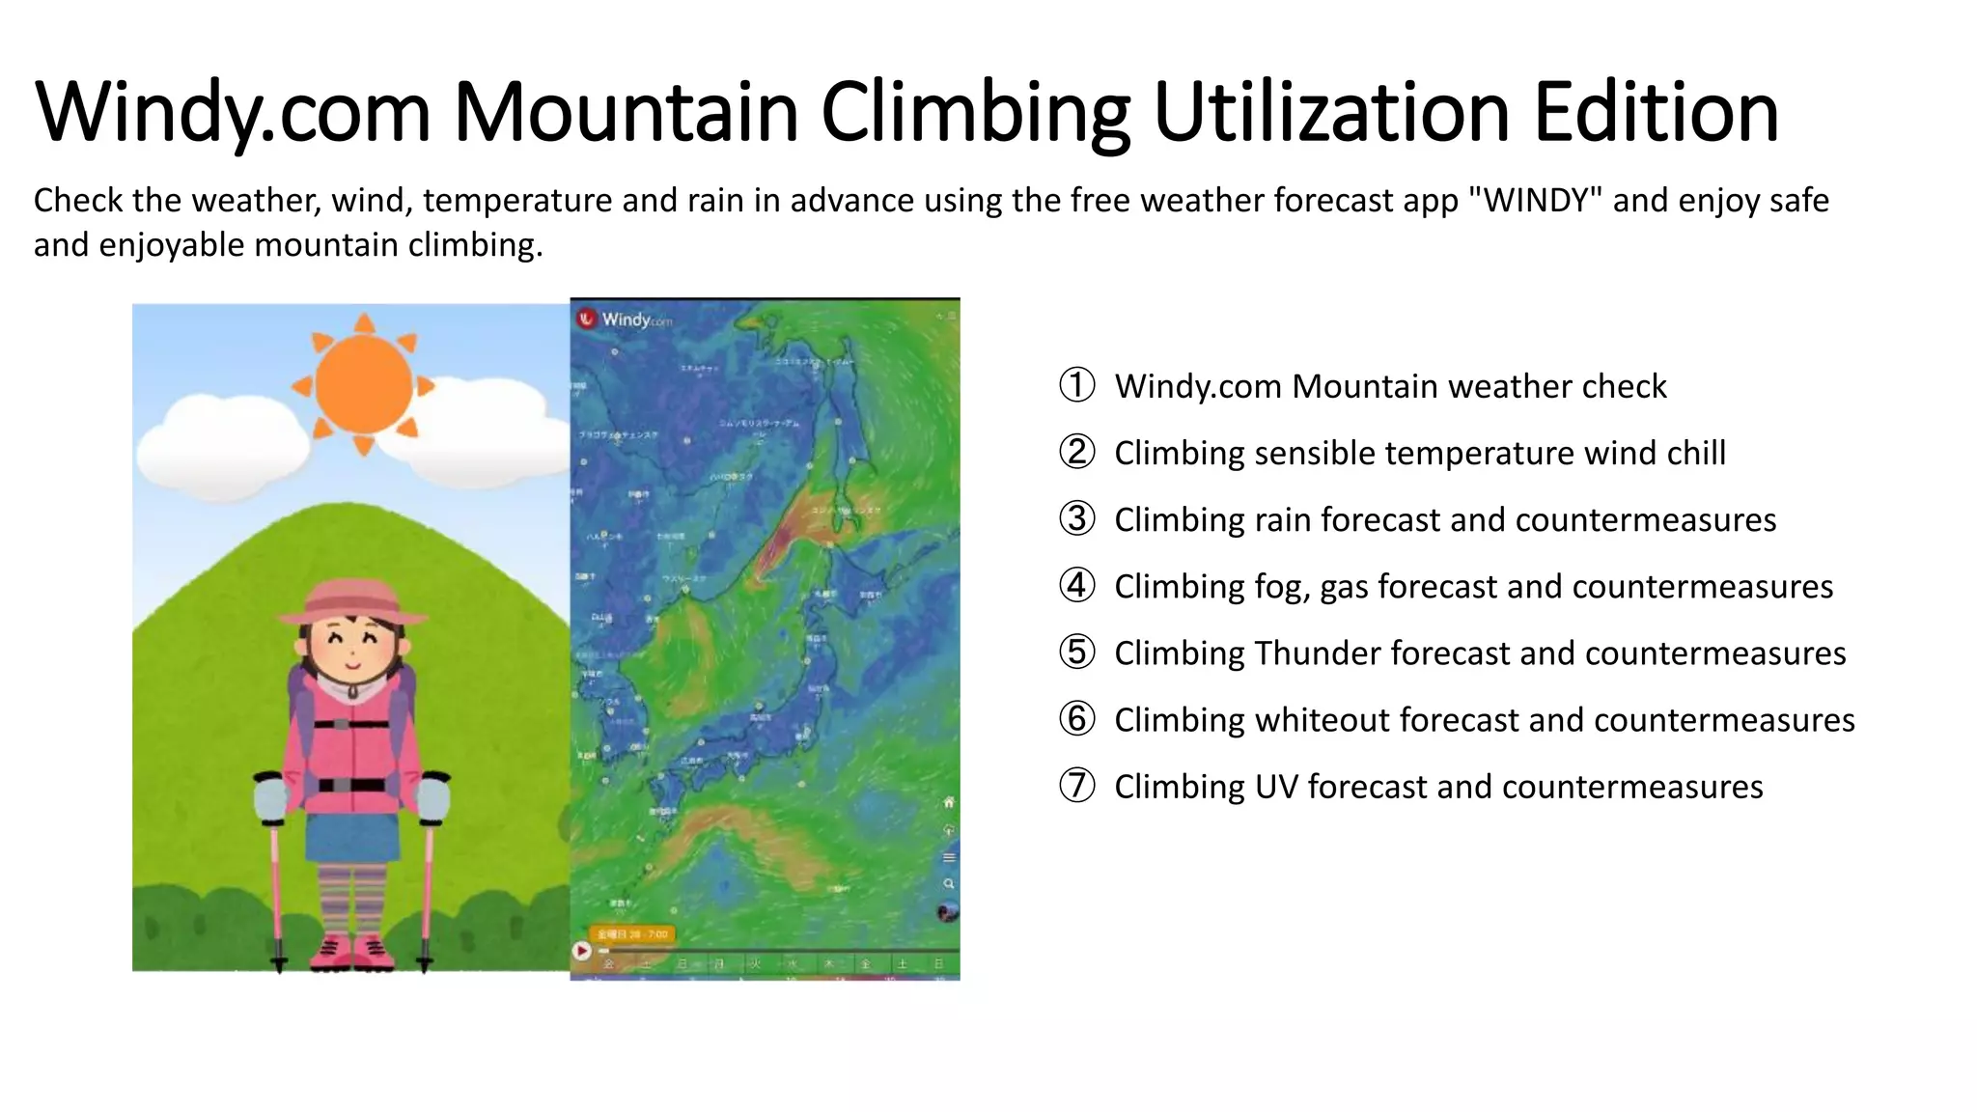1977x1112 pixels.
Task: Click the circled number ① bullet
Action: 1077,385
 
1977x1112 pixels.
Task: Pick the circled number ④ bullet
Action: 1077,586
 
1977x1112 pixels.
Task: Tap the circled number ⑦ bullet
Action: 1077,786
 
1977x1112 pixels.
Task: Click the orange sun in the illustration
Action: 364,383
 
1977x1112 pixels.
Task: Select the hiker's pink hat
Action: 351,602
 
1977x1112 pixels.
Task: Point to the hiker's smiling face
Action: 351,647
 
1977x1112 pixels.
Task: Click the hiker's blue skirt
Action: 352,837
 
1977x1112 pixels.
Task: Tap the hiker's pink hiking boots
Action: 352,952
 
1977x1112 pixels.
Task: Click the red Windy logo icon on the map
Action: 587,319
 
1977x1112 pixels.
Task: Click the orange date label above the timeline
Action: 633,934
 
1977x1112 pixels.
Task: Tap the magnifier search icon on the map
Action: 949,884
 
